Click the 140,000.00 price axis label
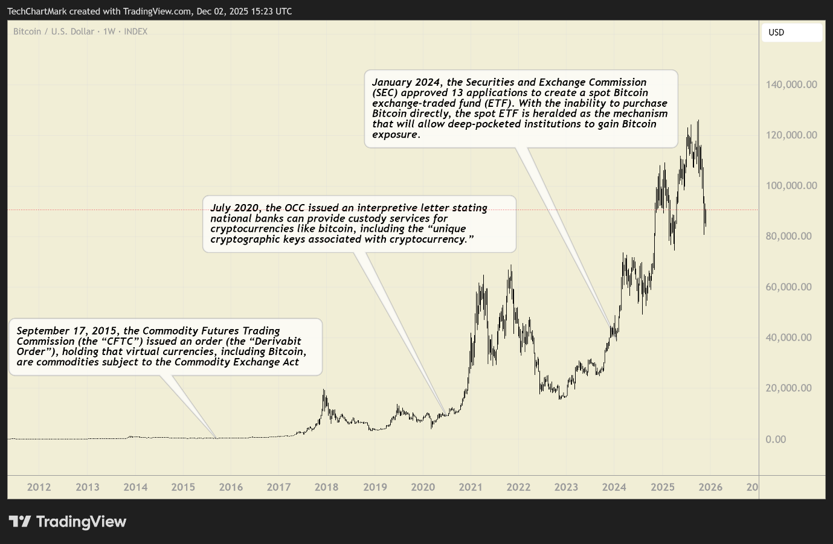pos(791,85)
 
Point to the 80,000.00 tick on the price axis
pos(788,236)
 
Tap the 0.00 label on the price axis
pos(776,439)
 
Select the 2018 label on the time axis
pos(326,487)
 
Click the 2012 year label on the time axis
pos(39,487)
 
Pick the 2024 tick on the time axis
pos(614,487)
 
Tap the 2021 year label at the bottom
pos(470,487)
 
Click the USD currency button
pos(791,33)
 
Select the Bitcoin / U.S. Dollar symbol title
pos(54,31)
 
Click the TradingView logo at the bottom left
pos(68,522)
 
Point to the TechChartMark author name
pos(37,11)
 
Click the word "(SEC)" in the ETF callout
pos(385,93)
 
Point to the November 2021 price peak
pos(511,266)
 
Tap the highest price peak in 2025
pos(698,121)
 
